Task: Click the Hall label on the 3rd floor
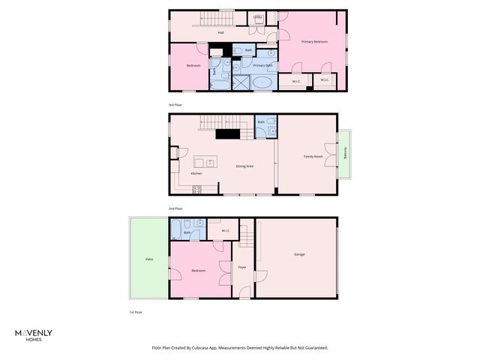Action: (x=221, y=33)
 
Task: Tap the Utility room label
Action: (x=258, y=16)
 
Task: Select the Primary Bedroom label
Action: (x=314, y=41)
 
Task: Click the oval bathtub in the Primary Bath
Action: (x=262, y=82)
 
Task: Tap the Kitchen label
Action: (x=196, y=173)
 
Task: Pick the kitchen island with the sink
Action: (x=205, y=162)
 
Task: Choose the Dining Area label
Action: (x=244, y=166)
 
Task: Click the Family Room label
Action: (x=313, y=156)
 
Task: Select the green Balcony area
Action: (x=344, y=155)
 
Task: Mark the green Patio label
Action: (x=149, y=259)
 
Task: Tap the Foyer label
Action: (x=242, y=267)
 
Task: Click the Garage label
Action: (x=299, y=254)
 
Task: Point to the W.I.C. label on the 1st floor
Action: (x=225, y=230)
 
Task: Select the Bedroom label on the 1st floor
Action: (x=198, y=270)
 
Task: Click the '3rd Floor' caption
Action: (x=176, y=105)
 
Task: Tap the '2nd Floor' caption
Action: (x=176, y=208)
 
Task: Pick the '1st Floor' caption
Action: (x=136, y=311)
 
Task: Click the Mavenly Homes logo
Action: (x=34, y=334)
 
